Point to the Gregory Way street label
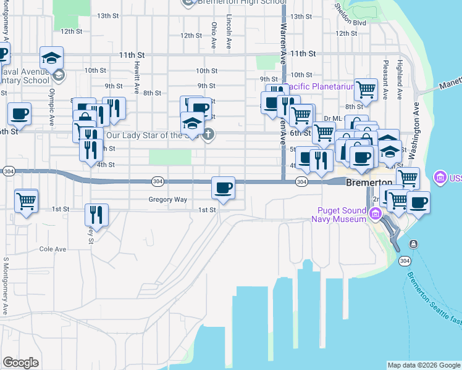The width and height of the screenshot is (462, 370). pos(167,200)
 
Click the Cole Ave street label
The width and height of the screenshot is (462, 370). pos(52,249)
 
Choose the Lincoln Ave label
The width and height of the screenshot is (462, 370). pos(229,32)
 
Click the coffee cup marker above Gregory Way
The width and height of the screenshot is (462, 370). pos(223,187)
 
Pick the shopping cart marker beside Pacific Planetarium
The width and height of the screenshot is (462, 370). pos(366,89)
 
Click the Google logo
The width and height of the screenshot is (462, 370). pos(20,363)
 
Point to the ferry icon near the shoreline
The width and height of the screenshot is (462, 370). pos(413,244)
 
